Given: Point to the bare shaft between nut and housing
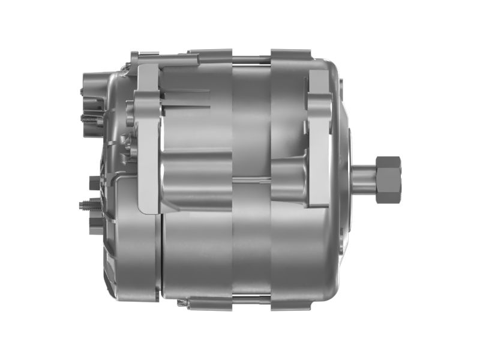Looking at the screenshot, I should click(x=363, y=178).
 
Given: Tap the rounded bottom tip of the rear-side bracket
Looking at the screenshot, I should click(x=150, y=207).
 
